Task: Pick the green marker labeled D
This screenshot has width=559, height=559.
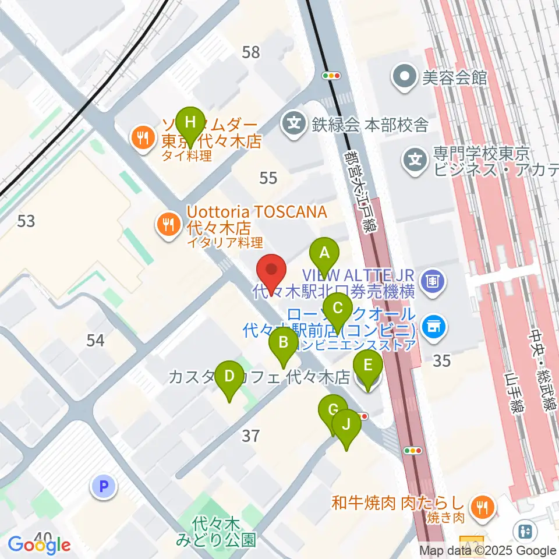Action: pyautogui.click(x=229, y=376)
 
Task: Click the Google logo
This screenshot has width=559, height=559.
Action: pyautogui.click(x=40, y=545)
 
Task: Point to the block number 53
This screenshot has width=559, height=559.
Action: pyautogui.click(x=26, y=221)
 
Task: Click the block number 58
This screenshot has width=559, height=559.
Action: pyautogui.click(x=251, y=52)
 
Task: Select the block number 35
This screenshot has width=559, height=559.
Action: pyautogui.click(x=442, y=361)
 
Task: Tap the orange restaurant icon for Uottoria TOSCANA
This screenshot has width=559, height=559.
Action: pyautogui.click(x=169, y=222)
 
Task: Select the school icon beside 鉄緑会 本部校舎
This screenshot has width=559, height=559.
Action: pyautogui.click(x=294, y=123)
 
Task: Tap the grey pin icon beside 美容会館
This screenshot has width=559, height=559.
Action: pyautogui.click(x=404, y=77)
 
